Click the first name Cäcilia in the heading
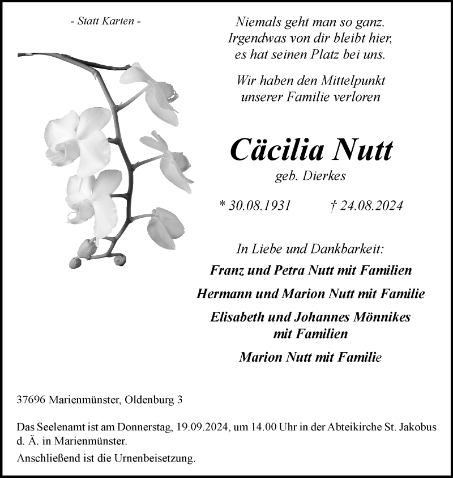tap(276, 150)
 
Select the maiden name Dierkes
tap(327, 176)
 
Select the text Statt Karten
tap(105, 22)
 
